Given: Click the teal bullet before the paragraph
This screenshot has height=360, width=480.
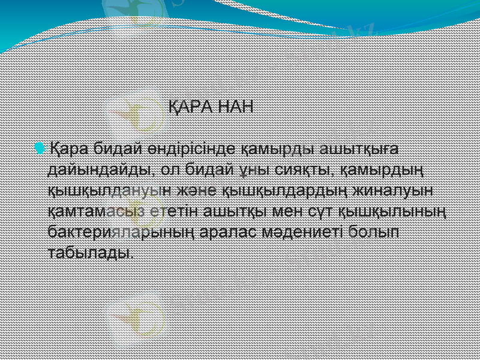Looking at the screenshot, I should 40,148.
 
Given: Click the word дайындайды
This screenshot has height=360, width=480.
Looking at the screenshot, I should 98,169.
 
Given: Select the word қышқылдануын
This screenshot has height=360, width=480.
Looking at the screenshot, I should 110,190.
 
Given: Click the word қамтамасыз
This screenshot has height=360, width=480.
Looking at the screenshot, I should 98,211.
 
